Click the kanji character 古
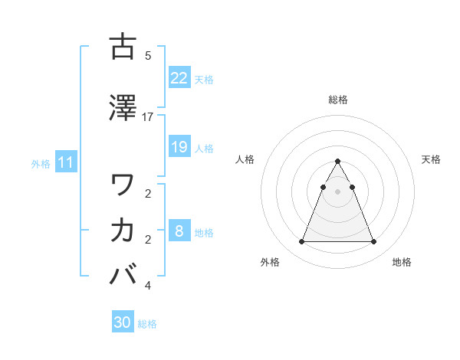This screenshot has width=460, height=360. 123,47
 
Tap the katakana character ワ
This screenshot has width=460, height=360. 123,185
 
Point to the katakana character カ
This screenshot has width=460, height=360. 123,230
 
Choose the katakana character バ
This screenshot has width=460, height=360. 123,275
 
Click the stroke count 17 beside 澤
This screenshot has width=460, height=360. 148,116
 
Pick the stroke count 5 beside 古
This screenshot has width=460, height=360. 148,55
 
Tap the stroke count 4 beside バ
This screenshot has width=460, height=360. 148,286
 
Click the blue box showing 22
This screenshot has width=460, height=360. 179,78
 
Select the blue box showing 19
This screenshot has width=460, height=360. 179,147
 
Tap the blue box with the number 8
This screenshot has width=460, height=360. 179,231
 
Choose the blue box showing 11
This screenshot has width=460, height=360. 66,162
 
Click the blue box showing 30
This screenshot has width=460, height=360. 123,323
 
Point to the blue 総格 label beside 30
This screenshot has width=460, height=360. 147,324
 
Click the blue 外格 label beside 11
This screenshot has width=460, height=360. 41,163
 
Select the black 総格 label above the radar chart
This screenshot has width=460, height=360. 337,100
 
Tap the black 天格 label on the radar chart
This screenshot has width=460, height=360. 432,159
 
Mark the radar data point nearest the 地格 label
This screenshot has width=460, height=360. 373,242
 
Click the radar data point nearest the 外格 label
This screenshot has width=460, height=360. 301,242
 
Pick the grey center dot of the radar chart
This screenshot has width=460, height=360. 337,192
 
